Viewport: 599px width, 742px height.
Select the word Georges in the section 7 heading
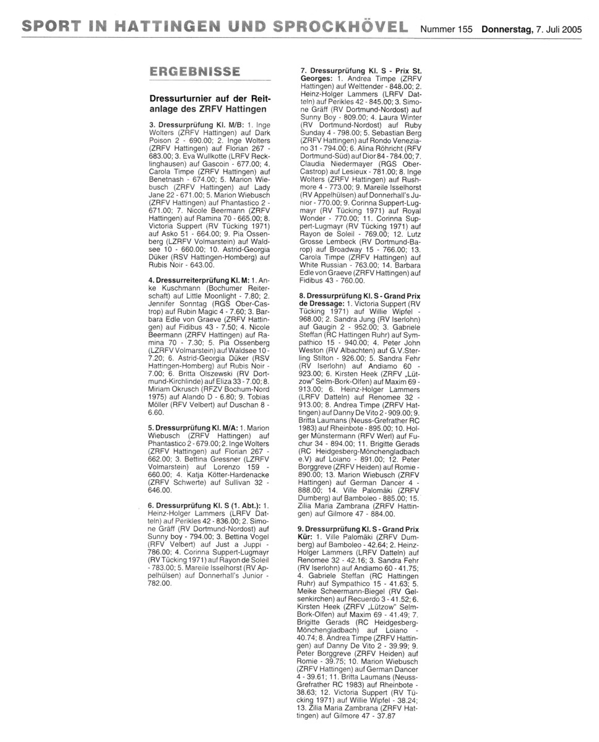click(316, 79)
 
